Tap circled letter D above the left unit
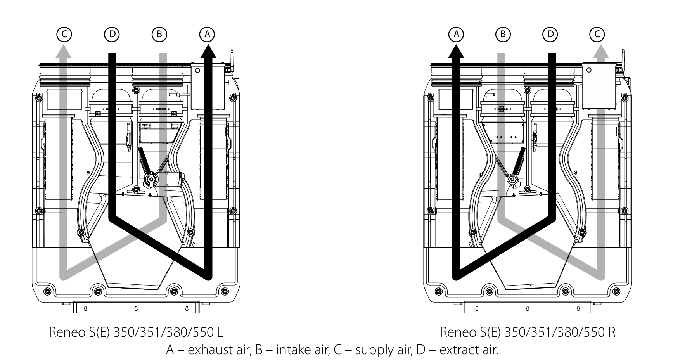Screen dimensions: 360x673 point(112,34)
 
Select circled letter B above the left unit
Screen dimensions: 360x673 point(159,34)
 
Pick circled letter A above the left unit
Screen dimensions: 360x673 point(207,34)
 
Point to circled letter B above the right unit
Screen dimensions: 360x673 point(503,34)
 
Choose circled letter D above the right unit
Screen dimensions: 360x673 point(550,34)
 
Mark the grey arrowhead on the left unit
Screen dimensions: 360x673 point(64,50)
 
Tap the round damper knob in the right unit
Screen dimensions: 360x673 point(513,179)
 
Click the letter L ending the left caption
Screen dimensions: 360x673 point(220,333)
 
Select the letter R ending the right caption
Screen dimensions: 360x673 point(612,333)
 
